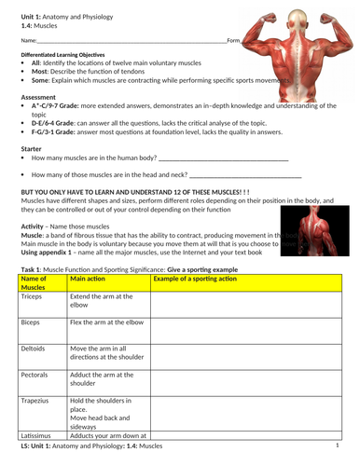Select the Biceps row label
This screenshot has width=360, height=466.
[31, 322]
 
